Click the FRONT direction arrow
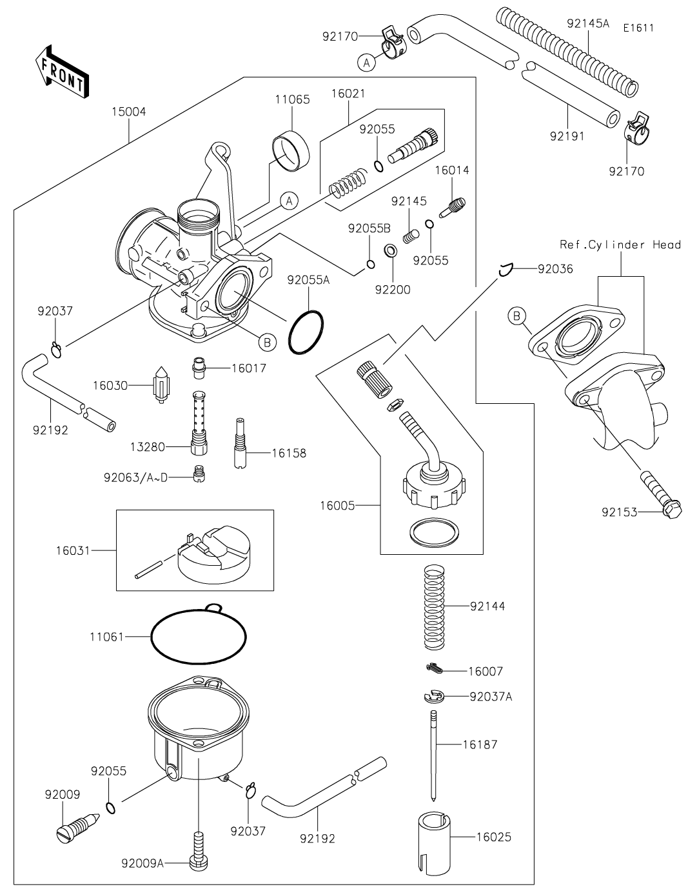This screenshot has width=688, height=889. [62, 72]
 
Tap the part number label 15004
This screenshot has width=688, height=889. [129, 112]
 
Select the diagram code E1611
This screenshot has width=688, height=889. [638, 28]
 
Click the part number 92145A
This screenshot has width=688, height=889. [588, 24]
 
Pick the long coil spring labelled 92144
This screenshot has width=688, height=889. [434, 606]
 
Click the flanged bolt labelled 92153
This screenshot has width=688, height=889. [661, 495]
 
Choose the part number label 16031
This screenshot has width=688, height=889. [73, 551]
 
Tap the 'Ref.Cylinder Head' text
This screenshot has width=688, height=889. [620, 245]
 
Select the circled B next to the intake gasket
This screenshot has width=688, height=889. [516, 316]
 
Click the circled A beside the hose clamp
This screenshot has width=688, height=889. [367, 63]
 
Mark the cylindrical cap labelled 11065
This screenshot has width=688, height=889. [291, 152]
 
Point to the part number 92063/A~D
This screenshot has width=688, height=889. [135, 477]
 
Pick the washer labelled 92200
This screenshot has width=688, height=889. [390, 250]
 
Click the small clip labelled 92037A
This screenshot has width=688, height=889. [434, 697]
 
